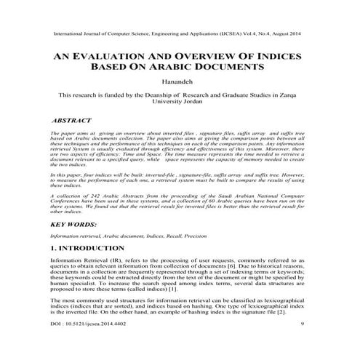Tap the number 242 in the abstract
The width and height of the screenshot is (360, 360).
[92, 197]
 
